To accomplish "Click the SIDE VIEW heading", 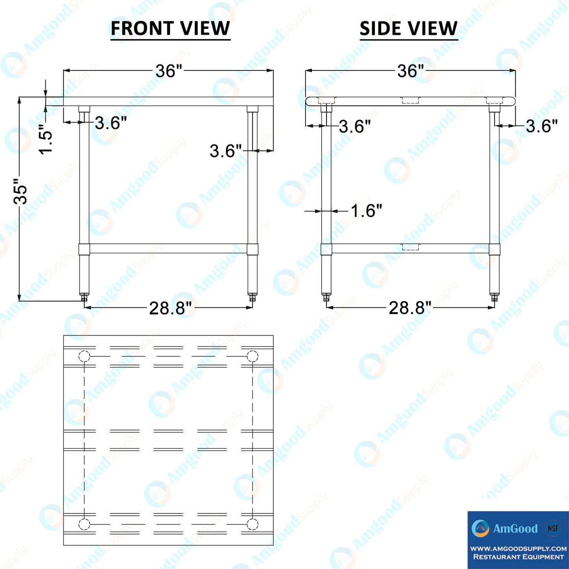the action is (x=409, y=28).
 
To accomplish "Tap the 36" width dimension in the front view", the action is (x=169, y=71).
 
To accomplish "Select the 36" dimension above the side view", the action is (x=410, y=71).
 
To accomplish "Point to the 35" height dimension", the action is (x=20, y=191).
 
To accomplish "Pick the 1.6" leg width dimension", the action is (x=366, y=211).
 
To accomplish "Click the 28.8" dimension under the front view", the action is (x=171, y=308).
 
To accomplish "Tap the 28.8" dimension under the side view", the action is (x=410, y=308).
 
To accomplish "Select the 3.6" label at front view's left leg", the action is (x=111, y=122).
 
